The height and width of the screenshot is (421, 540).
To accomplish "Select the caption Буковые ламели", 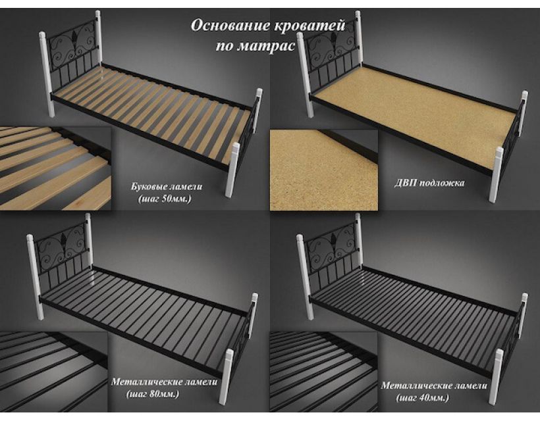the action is click(167, 187).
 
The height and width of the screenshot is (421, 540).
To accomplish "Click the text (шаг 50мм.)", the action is click(165, 199).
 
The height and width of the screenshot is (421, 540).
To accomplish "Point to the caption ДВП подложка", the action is click(429, 183).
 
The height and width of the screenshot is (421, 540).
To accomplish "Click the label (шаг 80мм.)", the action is click(153, 394).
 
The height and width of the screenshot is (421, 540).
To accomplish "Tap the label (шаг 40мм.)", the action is click(423, 398).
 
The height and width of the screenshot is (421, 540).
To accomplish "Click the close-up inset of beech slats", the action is click(55, 168).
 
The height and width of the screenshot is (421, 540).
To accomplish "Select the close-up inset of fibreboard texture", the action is click(324, 170).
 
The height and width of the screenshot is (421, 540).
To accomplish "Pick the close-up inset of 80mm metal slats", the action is click(54, 372).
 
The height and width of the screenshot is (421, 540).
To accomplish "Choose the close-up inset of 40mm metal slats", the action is click(324, 372).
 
